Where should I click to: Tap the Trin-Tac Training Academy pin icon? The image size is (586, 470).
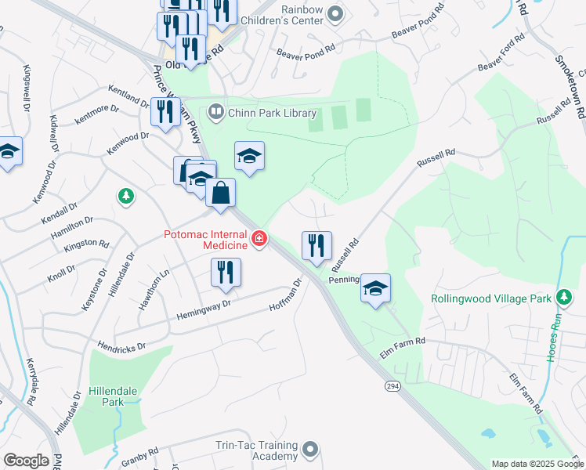click(x=310, y=450)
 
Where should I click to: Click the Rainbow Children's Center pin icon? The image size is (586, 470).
click(x=336, y=14)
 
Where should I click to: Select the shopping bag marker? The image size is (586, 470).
click(x=221, y=193)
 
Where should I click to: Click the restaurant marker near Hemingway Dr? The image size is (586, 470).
click(x=226, y=273)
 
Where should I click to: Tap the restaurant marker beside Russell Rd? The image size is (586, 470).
click(x=317, y=245)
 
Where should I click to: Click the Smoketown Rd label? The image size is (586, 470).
click(x=569, y=87)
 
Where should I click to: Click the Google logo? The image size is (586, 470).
click(x=26, y=461)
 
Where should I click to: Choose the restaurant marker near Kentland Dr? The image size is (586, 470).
click(x=165, y=111)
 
